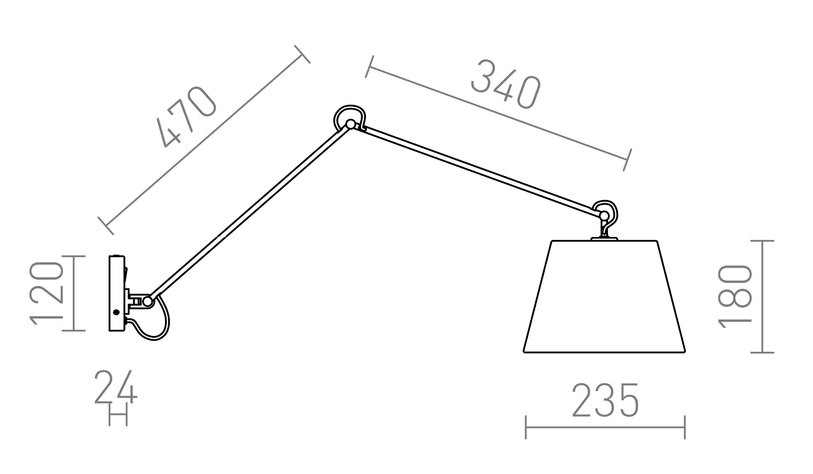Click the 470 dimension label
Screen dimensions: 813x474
click(x=186, y=117)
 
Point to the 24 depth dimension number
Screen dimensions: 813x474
click(x=116, y=387)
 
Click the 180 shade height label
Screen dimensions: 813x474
click(x=734, y=297)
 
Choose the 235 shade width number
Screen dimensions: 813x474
click(x=605, y=400)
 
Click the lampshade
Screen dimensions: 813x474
click(x=604, y=297)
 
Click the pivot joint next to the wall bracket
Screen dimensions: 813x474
click(x=147, y=301)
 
